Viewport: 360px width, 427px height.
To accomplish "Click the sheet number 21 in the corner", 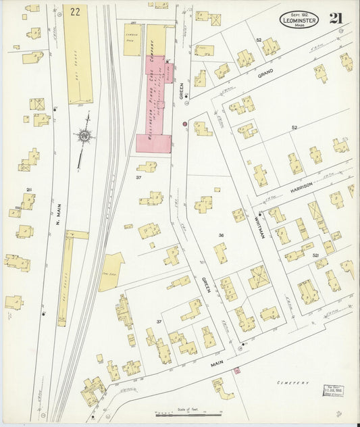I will click(335, 18).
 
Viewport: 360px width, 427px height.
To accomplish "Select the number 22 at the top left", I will click(75, 11).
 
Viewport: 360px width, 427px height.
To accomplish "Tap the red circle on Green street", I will click(184, 124).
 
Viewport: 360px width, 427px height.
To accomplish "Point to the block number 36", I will click(220, 235).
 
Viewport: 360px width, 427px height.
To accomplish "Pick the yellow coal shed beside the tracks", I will click(111, 271).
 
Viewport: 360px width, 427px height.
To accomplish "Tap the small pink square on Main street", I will click(236, 370).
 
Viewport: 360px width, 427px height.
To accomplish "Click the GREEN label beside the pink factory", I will click(181, 97).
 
